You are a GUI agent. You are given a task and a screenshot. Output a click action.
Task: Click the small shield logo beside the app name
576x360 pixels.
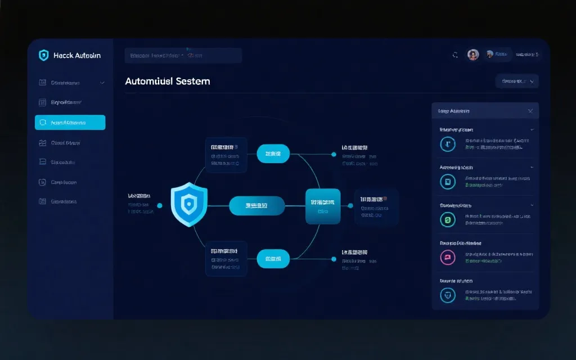(43, 55)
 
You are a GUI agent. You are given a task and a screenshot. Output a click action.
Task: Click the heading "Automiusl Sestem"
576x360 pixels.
(168, 81)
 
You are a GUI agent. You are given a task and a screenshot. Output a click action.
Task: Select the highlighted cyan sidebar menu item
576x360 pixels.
(70, 123)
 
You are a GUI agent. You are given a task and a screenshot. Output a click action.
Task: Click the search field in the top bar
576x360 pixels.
(183, 56)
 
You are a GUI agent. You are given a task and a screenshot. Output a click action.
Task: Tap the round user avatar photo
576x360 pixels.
(473, 55)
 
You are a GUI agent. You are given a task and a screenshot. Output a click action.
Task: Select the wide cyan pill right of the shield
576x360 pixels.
(256, 206)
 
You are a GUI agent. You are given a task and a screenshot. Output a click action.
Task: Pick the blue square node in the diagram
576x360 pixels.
(323, 206)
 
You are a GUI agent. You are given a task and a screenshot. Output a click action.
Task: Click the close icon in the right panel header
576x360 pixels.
(530, 111)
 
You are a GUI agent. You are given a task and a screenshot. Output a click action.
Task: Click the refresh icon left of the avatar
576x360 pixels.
(455, 55)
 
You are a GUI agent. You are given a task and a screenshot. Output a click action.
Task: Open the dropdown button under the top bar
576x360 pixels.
(517, 82)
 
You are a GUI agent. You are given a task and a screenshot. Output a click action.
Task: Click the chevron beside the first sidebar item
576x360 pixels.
(102, 83)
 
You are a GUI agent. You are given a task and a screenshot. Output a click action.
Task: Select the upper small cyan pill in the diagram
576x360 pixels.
(273, 154)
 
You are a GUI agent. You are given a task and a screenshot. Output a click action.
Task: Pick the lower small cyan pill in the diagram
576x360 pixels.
(273, 259)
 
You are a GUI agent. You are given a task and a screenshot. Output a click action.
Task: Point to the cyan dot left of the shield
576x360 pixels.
(160, 206)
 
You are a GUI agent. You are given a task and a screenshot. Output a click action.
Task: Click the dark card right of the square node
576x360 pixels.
(376, 206)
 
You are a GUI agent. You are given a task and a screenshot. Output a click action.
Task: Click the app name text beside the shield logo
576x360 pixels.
(77, 55)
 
